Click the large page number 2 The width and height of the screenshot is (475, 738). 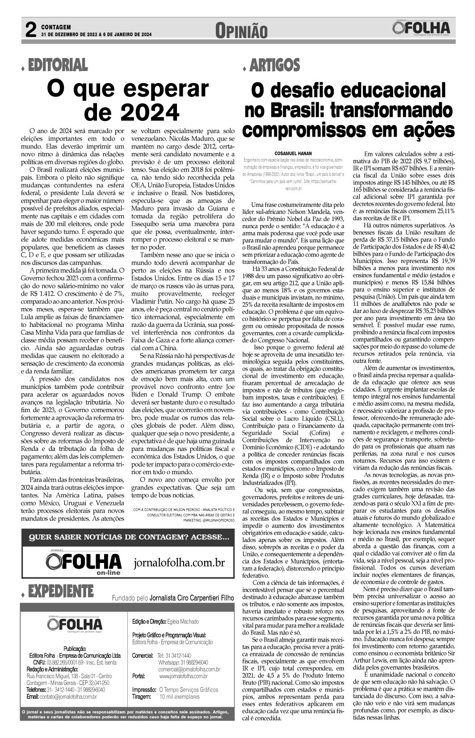point(30,30)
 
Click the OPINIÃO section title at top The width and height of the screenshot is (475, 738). point(241,31)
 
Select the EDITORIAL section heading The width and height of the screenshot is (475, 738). point(58,65)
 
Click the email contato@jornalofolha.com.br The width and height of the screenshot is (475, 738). point(62,696)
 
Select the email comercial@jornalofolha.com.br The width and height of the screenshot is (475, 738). point(189,669)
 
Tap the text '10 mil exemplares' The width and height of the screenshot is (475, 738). point(180,696)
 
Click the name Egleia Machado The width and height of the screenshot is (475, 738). point(183,621)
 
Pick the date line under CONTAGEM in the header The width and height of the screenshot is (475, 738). point(97,34)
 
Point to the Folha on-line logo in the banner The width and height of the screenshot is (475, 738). point(84,562)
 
